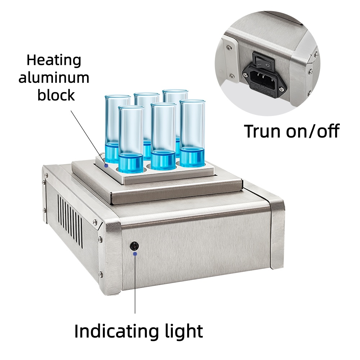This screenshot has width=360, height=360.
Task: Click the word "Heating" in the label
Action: [x=54, y=60]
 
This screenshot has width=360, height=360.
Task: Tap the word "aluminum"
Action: [x=54, y=78]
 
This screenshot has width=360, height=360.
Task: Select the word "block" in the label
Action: [x=56, y=95]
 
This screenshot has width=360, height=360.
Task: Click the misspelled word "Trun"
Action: [x=262, y=131]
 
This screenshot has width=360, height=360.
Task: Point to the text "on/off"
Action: [x=313, y=131]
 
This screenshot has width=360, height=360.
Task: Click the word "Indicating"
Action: [x=116, y=331]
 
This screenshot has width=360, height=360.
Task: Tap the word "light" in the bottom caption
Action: [x=183, y=331]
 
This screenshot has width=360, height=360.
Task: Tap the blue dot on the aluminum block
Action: [x=106, y=166]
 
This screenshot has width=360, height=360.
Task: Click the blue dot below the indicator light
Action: [x=135, y=254]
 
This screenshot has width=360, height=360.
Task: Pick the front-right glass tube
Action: [x=192, y=134]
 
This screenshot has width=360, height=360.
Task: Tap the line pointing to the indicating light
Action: [x=135, y=284]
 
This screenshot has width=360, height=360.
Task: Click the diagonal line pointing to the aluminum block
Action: [x=88, y=137]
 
